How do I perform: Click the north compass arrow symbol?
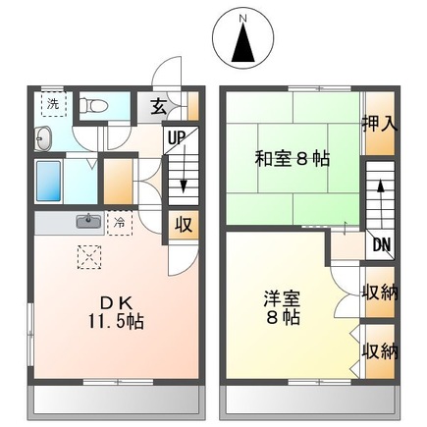pos(242,44)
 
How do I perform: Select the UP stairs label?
pos(177,138)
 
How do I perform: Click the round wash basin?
pos(44,137)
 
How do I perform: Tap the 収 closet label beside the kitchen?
pos(182,225)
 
